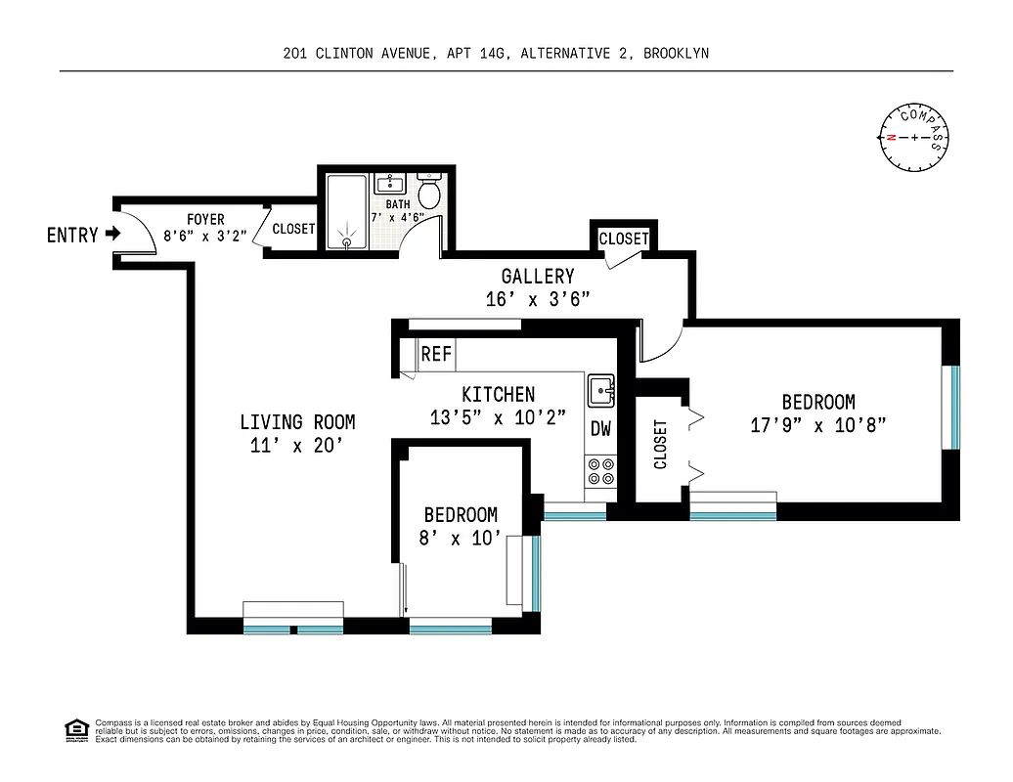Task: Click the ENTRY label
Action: pyautogui.click(x=72, y=235)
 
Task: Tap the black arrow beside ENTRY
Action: pyautogui.click(x=112, y=235)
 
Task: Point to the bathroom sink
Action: pyautogui.click(x=392, y=184)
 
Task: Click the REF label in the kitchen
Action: pyautogui.click(x=436, y=354)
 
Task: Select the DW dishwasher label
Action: pyautogui.click(x=599, y=428)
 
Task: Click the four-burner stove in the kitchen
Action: pyautogui.click(x=600, y=472)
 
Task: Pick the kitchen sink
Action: pyautogui.click(x=600, y=392)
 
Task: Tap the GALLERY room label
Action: pyautogui.click(x=538, y=277)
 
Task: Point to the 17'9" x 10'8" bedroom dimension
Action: pyautogui.click(x=818, y=425)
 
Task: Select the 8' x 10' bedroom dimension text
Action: pyautogui.click(x=461, y=538)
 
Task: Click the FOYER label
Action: pyautogui.click(x=205, y=220)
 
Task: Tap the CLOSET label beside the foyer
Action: pyautogui.click(x=293, y=229)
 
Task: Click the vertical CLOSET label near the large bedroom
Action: pyautogui.click(x=660, y=445)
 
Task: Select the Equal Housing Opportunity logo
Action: pyautogui.click(x=75, y=729)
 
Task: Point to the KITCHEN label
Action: pyautogui.click(x=498, y=394)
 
